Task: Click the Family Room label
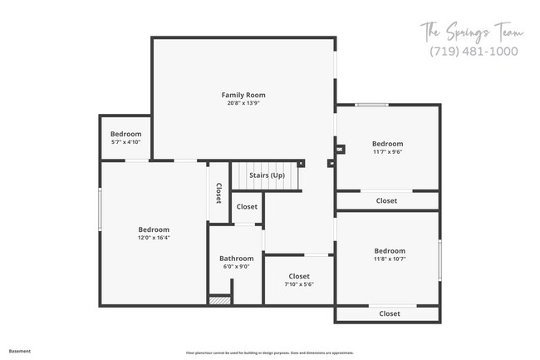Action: click(243, 96)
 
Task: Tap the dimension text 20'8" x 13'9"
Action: click(243, 104)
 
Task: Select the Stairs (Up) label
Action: click(267, 175)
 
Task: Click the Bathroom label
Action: click(236, 259)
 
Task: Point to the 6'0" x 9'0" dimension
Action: click(236, 267)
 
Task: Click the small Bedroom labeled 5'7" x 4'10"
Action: click(125, 134)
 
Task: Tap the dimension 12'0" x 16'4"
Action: click(154, 238)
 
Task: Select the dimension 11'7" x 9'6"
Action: click(387, 151)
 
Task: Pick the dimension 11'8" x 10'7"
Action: click(389, 259)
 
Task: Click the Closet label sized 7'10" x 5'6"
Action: click(299, 276)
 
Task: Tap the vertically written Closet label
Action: click(218, 193)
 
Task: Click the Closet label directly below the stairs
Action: click(247, 206)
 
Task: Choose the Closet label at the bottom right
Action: click(389, 313)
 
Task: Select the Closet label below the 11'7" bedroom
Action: click(386, 200)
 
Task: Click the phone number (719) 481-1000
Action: click(474, 51)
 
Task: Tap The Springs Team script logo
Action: click(471, 32)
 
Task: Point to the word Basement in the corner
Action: click(20, 351)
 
